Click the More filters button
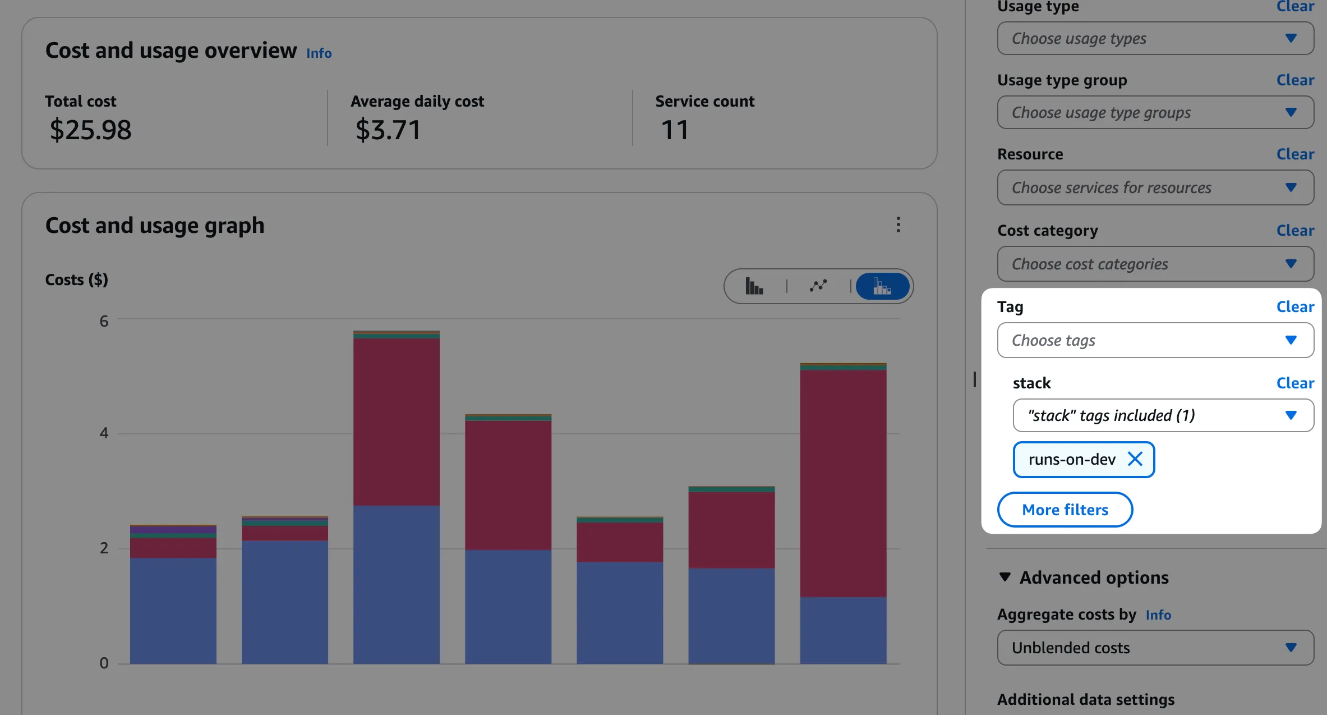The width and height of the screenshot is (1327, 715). pyautogui.click(x=1065, y=510)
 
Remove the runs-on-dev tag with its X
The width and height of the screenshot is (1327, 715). pyautogui.click(x=1135, y=459)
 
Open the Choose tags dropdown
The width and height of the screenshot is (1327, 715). pyautogui.click(x=1155, y=340)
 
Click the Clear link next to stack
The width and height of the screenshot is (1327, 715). pyautogui.click(x=1294, y=383)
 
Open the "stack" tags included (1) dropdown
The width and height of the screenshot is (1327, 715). pyautogui.click(x=1163, y=415)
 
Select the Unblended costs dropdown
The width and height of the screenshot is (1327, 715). pyautogui.click(x=1155, y=648)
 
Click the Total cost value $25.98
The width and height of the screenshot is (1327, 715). pyautogui.click(x=90, y=130)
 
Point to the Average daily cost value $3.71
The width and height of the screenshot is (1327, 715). pyautogui.click(x=388, y=130)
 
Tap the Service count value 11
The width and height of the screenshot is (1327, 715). pyautogui.click(x=674, y=130)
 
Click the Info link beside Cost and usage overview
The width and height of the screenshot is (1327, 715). pyautogui.click(x=319, y=53)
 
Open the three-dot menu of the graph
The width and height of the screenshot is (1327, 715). pyautogui.click(x=898, y=224)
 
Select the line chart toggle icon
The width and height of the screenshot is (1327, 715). pyautogui.click(x=818, y=286)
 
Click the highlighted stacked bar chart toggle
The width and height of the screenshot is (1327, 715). pyautogui.click(x=882, y=286)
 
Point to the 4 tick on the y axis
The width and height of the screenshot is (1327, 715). pyautogui.click(x=104, y=433)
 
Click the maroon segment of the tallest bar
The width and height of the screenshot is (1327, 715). pyautogui.click(x=396, y=421)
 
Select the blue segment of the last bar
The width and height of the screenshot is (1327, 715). pyautogui.click(x=842, y=630)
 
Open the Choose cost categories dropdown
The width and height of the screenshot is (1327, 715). pyautogui.click(x=1155, y=264)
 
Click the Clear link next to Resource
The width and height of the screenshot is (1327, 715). pyautogui.click(x=1294, y=154)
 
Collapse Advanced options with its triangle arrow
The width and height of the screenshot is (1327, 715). pyautogui.click(x=1005, y=577)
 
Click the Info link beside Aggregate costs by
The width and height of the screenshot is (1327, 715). pyautogui.click(x=1158, y=615)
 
